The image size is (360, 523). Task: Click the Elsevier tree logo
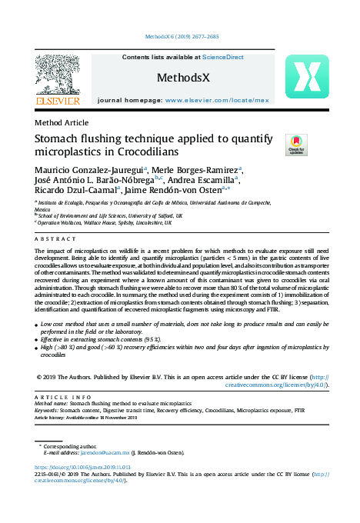pos(57,76)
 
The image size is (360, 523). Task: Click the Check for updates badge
pos(296,144)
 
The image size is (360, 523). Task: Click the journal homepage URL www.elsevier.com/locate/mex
pos(216,100)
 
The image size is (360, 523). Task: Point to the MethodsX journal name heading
pos(181,78)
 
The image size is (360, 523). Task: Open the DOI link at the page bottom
pos(83,467)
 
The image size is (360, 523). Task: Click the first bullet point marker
pos(38,326)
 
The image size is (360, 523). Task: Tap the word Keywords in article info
pos(49,410)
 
